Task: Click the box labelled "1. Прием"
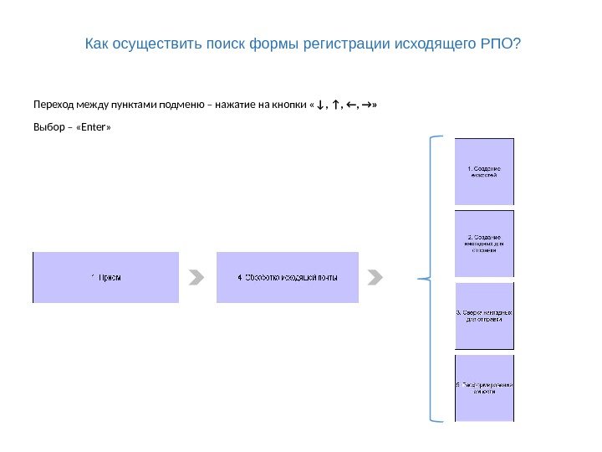[105, 277]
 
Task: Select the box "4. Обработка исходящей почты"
[288, 277]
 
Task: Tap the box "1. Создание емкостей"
[484, 172]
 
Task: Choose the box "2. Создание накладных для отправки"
[484, 243]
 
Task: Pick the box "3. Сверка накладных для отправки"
[484, 316]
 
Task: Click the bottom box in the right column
[484, 388]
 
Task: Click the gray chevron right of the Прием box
[196, 277]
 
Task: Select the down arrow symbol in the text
[321, 105]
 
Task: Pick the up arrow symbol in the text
[335, 105]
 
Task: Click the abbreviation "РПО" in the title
[500, 43]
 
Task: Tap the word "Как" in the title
[97, 43]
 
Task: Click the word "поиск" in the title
[225, 43]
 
